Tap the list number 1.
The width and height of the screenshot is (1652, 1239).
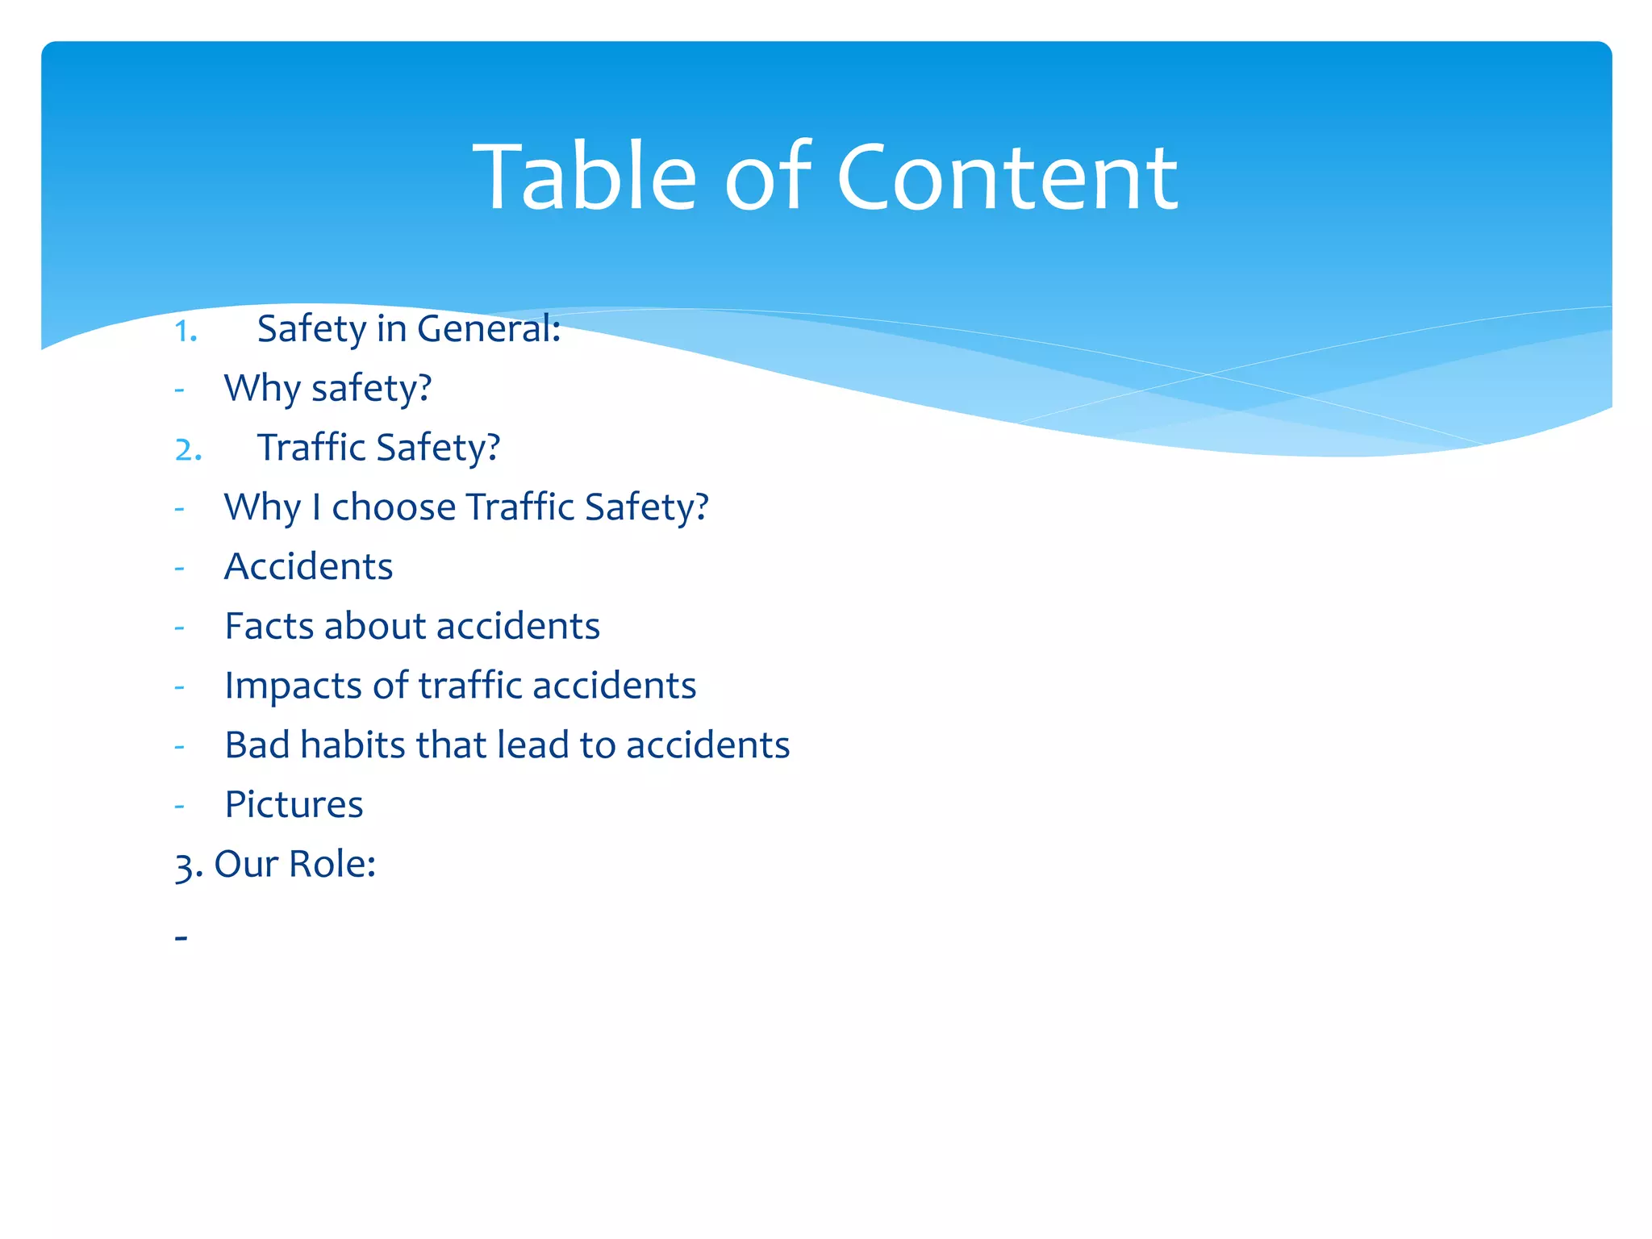point(186,332)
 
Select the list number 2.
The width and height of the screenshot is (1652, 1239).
point(188,450)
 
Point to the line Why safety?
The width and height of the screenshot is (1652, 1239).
point(327,389)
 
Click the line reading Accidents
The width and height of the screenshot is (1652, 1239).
point(308,566)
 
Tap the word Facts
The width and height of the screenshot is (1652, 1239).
point(269,626)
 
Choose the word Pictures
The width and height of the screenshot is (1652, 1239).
point(294,805)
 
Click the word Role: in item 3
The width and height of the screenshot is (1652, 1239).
point(332,864)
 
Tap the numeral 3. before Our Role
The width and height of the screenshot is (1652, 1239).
point(188,866)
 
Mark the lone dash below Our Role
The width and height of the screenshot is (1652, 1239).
point(181,937)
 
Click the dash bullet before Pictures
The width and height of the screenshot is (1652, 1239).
point(179,806)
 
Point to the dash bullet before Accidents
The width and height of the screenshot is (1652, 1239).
point(179,568)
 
